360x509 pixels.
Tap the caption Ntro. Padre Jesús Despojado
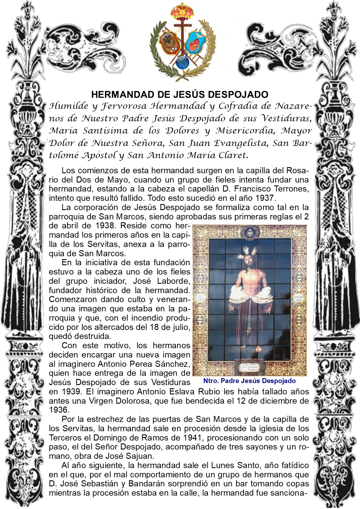[x=249, y=381]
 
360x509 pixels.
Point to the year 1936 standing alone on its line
[x=59, y=410]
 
